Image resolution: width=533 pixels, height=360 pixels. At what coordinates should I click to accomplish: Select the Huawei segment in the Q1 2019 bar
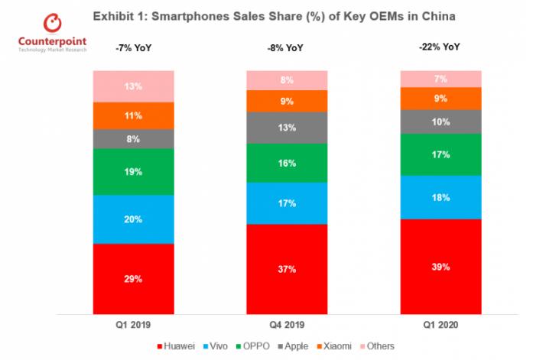click(x=133, y=278)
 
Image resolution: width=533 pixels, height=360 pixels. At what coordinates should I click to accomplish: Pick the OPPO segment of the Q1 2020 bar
click(x=441, y=154)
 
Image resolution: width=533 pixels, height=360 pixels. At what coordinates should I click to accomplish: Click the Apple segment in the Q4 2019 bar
click(x=285, y=127)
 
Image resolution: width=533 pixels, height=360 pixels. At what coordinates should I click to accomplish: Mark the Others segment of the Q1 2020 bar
click(x=441, y=79)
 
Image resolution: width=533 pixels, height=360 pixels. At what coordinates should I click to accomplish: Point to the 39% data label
click(x=441, y=267)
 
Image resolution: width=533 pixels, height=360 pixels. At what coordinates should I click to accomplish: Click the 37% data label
click(x=285, y=269)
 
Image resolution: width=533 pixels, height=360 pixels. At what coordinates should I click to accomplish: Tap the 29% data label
click(x=133, y=279)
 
